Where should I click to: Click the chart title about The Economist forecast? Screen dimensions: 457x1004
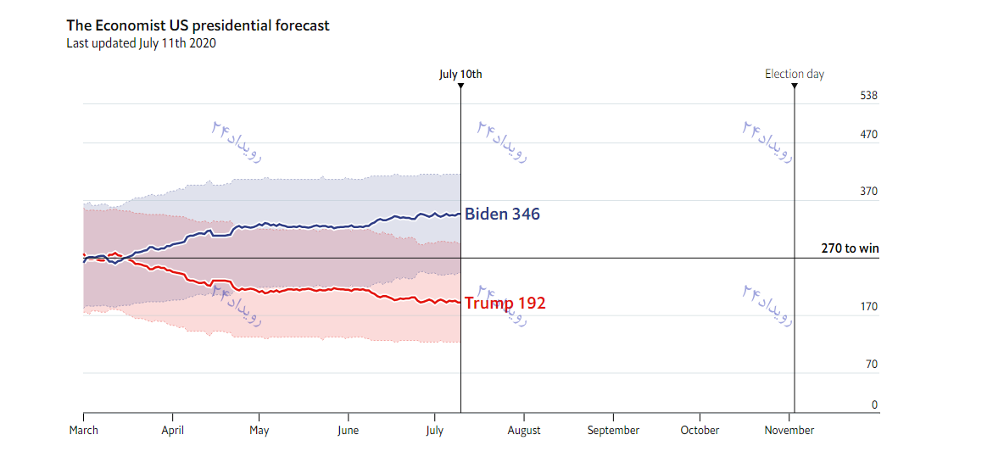coord(198,25)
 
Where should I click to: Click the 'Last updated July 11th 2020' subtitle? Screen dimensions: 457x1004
coord(141,43)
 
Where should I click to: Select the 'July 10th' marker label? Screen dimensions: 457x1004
coord(460,75)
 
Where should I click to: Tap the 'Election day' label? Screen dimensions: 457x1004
coord(795,75)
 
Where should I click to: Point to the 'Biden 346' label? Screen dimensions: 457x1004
coord(502,215)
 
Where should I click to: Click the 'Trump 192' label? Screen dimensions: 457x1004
coord(505,304)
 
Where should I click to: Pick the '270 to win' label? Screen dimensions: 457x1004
coord(850,248)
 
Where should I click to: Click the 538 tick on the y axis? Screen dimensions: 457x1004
coord(868,96)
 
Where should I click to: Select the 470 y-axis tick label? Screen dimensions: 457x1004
coord(868,135)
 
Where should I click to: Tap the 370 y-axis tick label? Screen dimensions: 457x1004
coord(868,192)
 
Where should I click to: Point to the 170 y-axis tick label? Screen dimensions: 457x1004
coord(868,307)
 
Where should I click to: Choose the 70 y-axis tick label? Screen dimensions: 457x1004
coord(871,365)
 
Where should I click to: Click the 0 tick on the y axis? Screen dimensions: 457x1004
coord(874,405)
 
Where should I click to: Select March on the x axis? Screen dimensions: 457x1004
coord(83,431)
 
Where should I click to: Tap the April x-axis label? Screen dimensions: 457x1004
coord(172,431)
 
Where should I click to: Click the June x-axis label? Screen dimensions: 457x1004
coord(348,431)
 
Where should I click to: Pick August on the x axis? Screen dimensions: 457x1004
coord(524,431)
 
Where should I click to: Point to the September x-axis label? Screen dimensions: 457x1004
coord(613,431)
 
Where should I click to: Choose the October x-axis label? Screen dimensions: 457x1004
coord(700,431)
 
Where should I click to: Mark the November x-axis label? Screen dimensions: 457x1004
coord(789,431)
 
